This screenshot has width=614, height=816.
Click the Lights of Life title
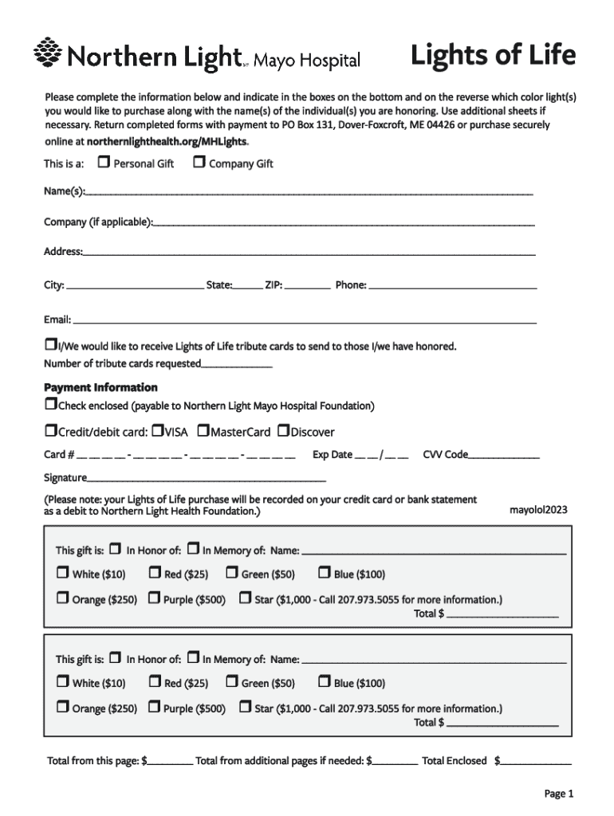click(492, 56)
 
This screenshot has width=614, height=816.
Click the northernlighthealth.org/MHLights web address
click(167, 141)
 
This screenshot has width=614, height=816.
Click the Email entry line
click(303, 320)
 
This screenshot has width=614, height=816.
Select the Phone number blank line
click(452, 285)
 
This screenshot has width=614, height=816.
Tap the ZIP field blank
click(307, 285)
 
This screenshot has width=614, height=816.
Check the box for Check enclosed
click(50, 405)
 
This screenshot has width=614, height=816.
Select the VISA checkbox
click(157, 431)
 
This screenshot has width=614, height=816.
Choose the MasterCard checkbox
click(203, 431)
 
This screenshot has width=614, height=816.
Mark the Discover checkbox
click(283, 431)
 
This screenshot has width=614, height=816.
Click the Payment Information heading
click(100, 387)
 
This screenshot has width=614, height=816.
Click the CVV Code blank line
click(504, 456)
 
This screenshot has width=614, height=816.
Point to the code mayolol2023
click(538, 510)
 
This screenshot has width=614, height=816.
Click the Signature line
click(207, 480)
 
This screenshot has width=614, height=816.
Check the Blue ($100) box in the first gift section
click(325, 572)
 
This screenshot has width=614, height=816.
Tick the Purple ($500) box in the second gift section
click(155, 708)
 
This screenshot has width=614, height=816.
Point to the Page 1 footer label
click(558, 793)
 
